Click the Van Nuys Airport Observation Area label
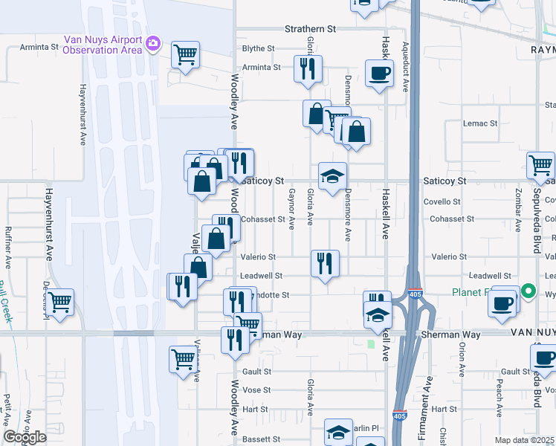click(103, 45)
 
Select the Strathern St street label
click(311, 29)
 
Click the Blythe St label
click(259, 48)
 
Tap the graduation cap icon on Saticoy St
click(332, 177)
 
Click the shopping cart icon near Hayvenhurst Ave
click(59, 303)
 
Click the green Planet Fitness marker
click(528, 291)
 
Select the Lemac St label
click(479, 123)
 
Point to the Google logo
click(25, 437)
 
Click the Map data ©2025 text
click(525, 440)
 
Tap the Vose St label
click(256, 390)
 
